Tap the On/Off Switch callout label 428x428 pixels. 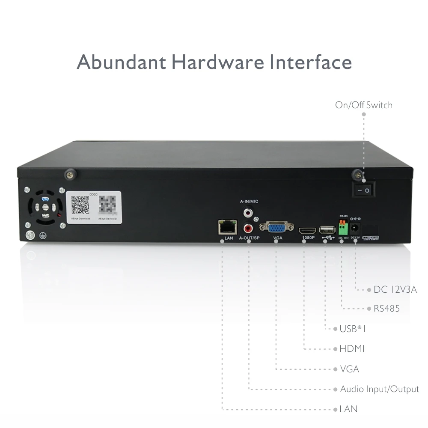click(x=363, y=105)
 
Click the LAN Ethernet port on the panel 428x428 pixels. click(x=227, y=226)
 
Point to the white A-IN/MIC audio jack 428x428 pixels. click(x=248, y=211)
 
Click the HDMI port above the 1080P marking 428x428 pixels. click(x=306, y=229)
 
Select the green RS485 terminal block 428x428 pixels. click(x=342, y=227)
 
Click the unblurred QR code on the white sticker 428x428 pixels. click(x=80, y=205)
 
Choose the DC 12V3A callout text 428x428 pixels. click(x=395, y=290)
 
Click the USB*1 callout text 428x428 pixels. click(x=353, y=329)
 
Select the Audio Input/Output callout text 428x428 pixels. click(x=379, y=389)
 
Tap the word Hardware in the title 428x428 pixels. click(x=218, y=62)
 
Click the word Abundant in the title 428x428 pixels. click(x=121, y=62)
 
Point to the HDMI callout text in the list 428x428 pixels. click(x=352, y=349)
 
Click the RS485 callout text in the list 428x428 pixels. click(x=386, y=309)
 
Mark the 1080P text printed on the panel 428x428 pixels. click(x=307, y=238)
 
